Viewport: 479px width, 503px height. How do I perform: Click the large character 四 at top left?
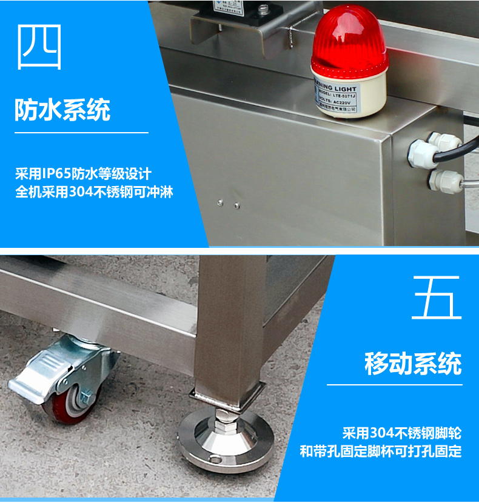(x=40, y=47)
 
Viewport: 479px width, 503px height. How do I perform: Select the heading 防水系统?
(x=62, y=111)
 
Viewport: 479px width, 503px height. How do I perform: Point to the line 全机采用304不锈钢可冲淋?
(x=97, y=193)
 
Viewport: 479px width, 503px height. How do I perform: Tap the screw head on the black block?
(x=263, y=8)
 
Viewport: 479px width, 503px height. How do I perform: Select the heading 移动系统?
(x=413, y=364)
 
